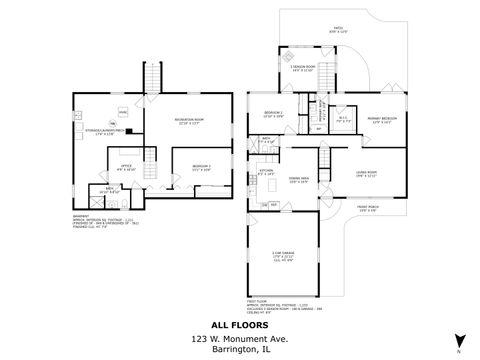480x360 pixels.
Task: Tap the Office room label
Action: pyautogui.click(x=126, y=167)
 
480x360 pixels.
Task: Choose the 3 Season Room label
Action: pyautogui.click(x=304, y=69)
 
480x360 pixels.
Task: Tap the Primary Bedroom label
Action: pyautogui.click(x=379, y=121)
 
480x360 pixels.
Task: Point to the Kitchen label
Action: pyautogui.click(x=267, y=172)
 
